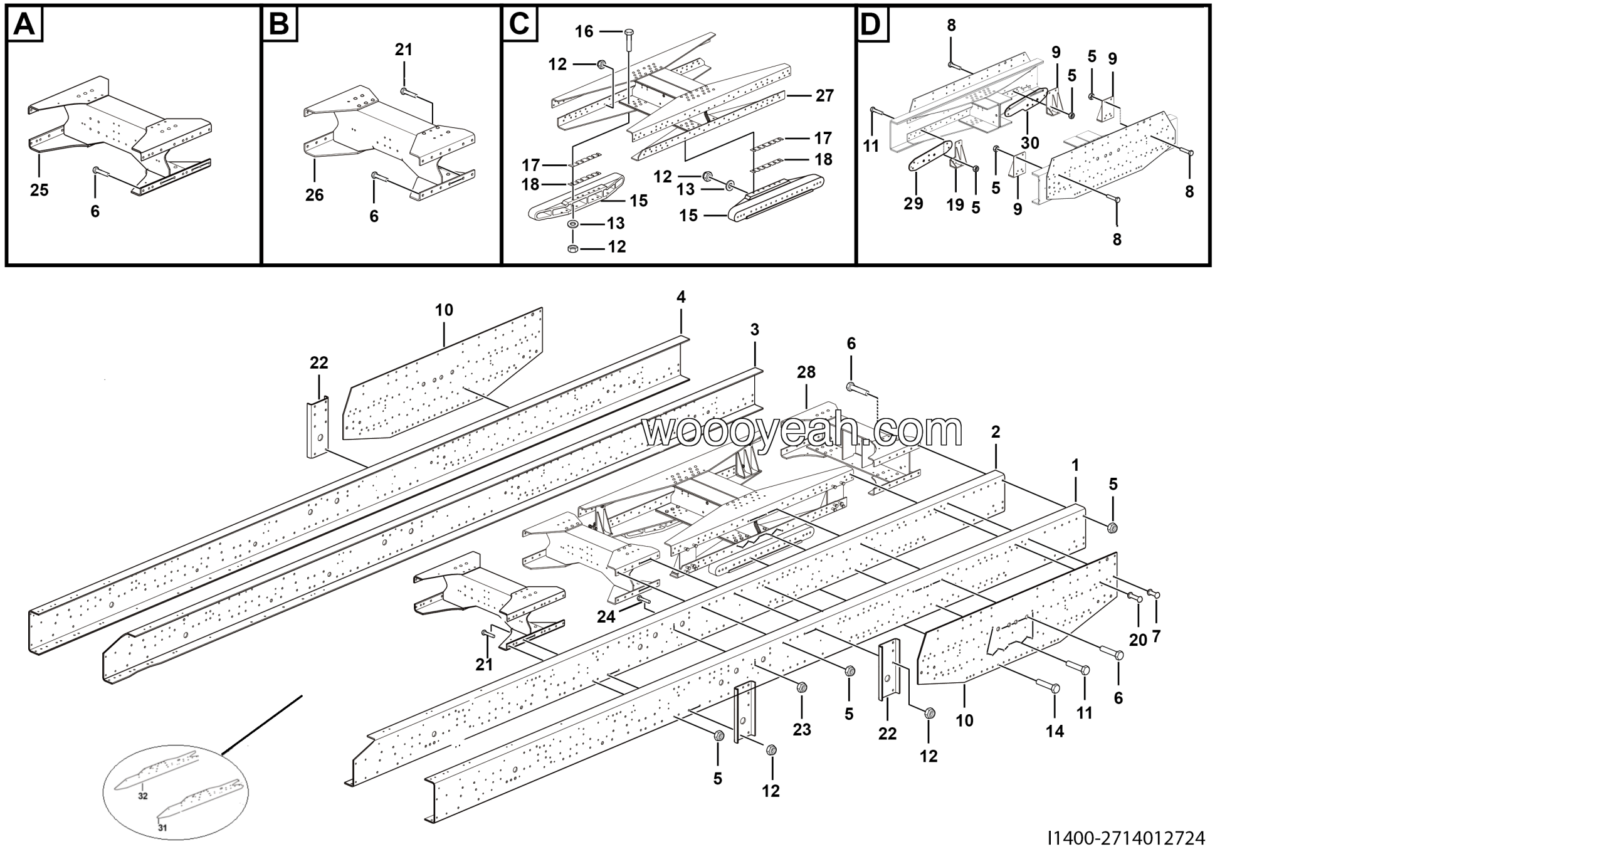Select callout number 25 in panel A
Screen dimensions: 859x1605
(39, 190)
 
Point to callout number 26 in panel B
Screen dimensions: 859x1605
(314, 195)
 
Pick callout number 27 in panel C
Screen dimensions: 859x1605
(824, 95)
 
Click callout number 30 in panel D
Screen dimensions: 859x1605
(1029, 143)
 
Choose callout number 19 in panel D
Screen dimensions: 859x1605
(955, 205)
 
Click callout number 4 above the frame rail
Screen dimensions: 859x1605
(681, 297)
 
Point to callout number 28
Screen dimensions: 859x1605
(806, 372)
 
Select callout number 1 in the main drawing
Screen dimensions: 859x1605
(1075, 465)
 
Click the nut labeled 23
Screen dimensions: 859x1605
(801, 688)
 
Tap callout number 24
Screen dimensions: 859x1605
(606, 617)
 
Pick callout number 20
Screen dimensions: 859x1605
(1138, 640)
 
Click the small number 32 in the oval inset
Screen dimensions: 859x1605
(143, 796)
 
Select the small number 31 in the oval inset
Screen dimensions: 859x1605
(162, 828)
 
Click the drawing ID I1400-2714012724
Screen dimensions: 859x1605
(1125, 838)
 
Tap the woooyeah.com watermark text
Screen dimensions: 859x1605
(802, 431)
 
